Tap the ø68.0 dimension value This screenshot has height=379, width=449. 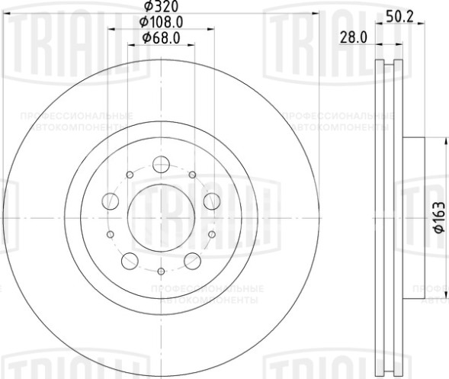[x=161, y=37]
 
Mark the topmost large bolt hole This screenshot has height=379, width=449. [x=161, y=164]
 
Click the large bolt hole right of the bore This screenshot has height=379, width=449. [x=211, y=201]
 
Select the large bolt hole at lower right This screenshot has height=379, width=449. [x=192, y=262]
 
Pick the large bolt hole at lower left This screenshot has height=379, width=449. [x=130, y=262]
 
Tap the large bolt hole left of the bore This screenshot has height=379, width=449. [x=111, y=201]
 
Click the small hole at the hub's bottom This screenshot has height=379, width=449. [x=161, y=271]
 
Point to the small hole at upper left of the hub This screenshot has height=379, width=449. [x=130, y=175]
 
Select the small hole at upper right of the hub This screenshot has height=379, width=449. [x=192, y=175]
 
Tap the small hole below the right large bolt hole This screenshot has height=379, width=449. [x=212, y=234]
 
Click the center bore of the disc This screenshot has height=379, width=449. [x=161, y=217]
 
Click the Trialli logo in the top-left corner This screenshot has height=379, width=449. [x=43, y=30]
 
